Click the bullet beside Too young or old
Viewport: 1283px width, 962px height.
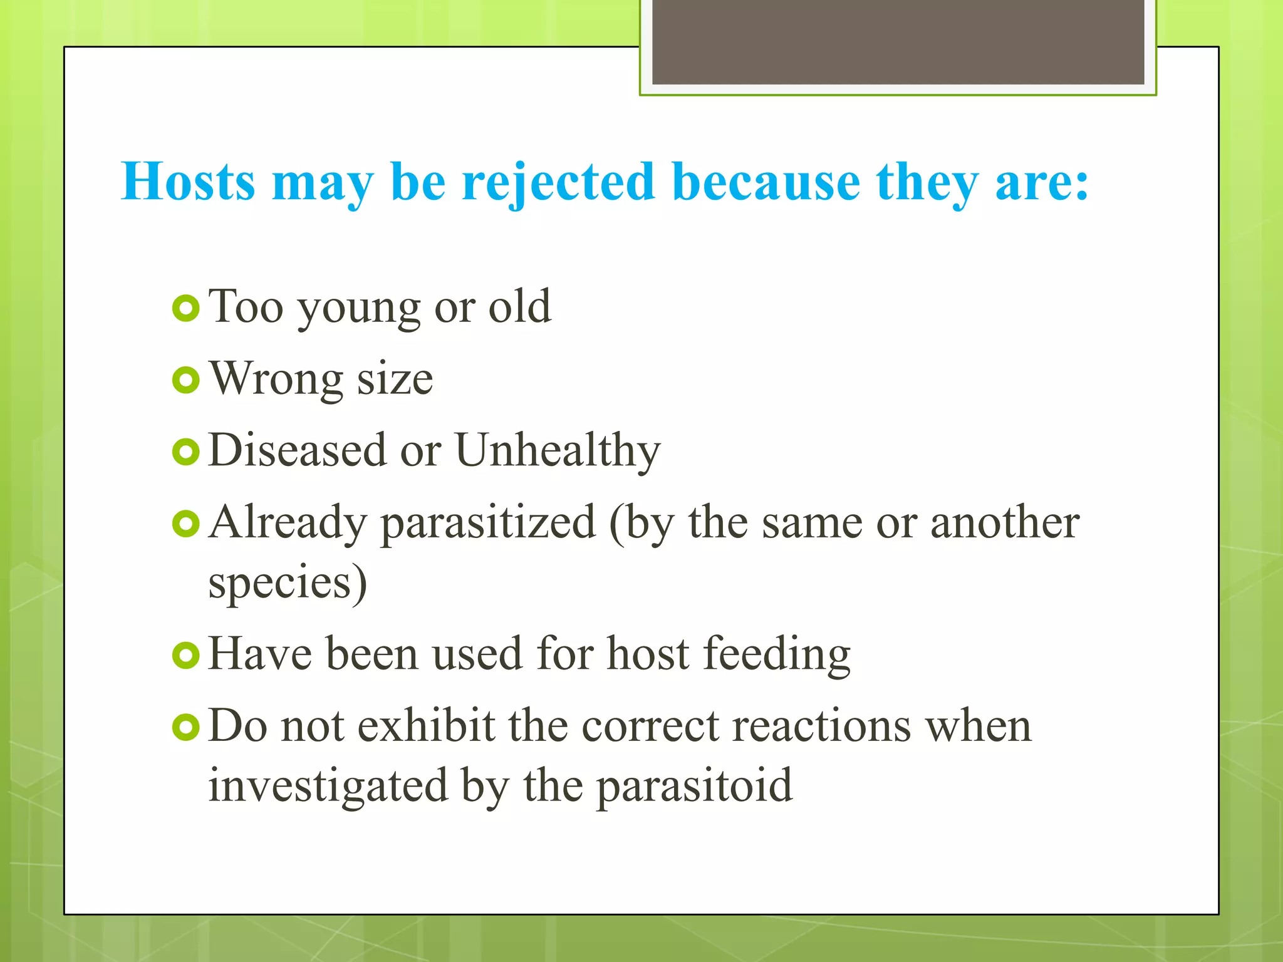(x=186, y=308)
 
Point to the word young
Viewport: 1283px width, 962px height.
(x=358, y=308)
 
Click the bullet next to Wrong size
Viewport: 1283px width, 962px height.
(x=186, y=380)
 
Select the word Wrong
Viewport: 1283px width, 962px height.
(x=276, y=380)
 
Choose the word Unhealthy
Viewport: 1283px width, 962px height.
(x=558, y=451)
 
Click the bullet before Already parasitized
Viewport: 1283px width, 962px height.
(x=186, y=524)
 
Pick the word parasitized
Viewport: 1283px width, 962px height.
(x=488, y=524)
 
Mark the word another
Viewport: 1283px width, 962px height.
(x=1004, y=522)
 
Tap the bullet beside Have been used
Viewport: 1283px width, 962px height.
(x=186, y=655)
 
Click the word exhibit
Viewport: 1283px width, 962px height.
(x=426, y=727)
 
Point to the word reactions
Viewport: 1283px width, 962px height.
(x=821, y=727)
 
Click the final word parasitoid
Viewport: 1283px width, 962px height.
(x=694, y=787)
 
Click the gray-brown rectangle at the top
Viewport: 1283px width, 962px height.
(x=898, y=41)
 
